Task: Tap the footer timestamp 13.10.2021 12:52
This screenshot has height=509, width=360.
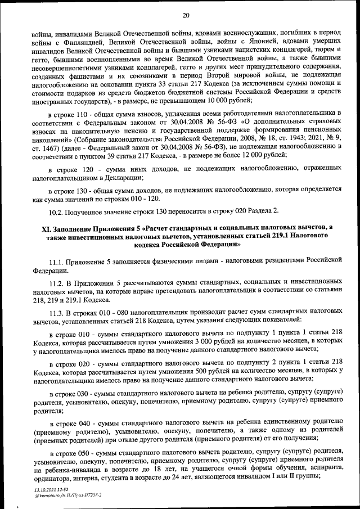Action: point(49,490)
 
